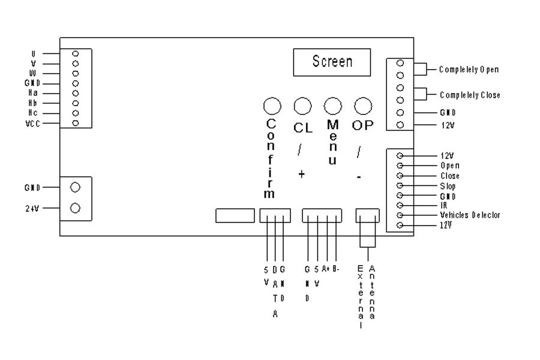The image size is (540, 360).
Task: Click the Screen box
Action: pyautogui.click(x=332, y=62)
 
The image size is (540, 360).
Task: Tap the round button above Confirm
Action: pyautogui.click(x=272, y=106)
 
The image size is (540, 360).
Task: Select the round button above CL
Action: pyautogui.click(x=302, y=106)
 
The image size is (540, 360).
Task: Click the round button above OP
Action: pyautogui.click(x=361, y=106)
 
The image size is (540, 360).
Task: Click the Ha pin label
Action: pyautogui.click(x=34, y=93)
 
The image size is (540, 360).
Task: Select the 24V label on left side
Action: pyautogui.click(x=32, y=208)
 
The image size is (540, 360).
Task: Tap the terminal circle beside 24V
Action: pyautogui.click(x=76, y=208)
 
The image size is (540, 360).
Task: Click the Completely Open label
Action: pyautogui.click(x=469, y=70)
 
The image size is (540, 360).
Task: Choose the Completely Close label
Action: pyautogui.click(x=470, y=95)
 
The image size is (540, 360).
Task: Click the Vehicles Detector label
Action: pyautogui.click(x=470, y=215)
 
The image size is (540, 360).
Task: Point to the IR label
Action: pyautogui.click(x=443, y=205)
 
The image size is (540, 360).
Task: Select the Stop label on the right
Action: pyautogui.click(x=447, y=186)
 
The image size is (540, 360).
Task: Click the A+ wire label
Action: pyautogui.click(x=326, y=269)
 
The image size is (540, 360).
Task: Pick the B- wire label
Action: pyautogui.click(x=336, y=269)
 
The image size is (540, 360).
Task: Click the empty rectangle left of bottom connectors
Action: pyautogui.click(x=235, y=215)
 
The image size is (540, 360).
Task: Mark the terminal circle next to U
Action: pyautogui.click(x=76, y=53)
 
